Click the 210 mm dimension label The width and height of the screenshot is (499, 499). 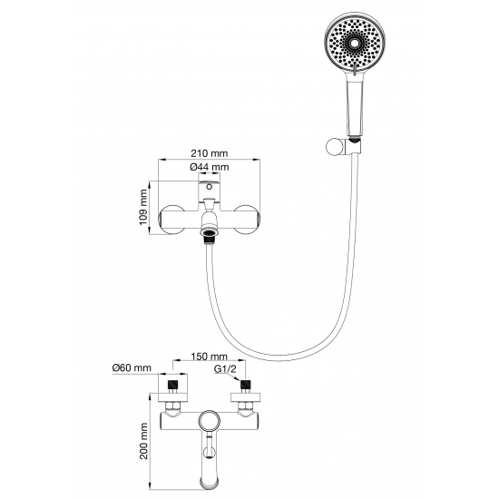coord(209,153)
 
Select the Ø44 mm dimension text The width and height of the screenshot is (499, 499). coord(209,167)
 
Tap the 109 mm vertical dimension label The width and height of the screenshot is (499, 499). coord(143,207)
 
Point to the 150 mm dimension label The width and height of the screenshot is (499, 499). coord(209,357)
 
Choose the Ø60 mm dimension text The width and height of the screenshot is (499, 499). coord(132,367)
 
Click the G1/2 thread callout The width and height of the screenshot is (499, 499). coord(225,369)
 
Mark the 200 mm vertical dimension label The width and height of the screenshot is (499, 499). coord(144,441)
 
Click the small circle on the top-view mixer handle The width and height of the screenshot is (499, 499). coord(209,187)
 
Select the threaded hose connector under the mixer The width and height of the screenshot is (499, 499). coord(209,234)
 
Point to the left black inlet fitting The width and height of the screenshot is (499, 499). coord(172,385)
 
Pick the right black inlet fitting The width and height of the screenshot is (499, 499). coord(244,385)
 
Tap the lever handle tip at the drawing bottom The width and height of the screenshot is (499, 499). coord(209,482)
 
